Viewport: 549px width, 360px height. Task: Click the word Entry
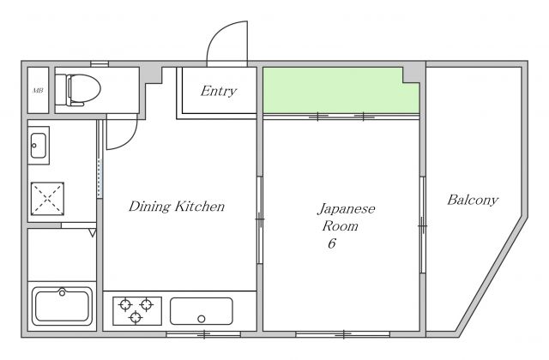pyautogui.click(x=219, y=91)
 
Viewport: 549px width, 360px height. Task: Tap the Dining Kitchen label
pyautogui.click(x=177, y=206)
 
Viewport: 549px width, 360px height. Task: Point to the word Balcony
pyautogui.click(x=473, y=200)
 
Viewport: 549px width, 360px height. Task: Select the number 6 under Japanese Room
pyautogui.click(x=332, y=243)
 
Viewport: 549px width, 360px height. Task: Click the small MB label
pyautogui.click(x=38, y=90)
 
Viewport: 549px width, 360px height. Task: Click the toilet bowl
pyautogui.click(x=84, y=89)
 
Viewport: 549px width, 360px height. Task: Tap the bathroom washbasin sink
pyautogui.click(x=39, y=145)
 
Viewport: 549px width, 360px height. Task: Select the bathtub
pyautogui.click(x=62, y=306)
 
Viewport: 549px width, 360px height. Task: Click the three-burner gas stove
pyautogui.click(x=137, y=310)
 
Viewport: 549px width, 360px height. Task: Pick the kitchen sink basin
pyautogui.click(x=202, y=311)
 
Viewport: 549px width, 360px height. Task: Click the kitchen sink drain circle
pyautogui.click(x=202, y=319)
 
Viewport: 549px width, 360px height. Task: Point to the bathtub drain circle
pyautogui.click(x=62, y=292)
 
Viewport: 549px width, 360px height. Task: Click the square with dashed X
pyautogui.click(x=47, y=198)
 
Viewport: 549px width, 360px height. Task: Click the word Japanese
pyautogui.click(x=347, y=209)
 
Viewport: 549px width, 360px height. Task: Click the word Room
pyautogui.click(x=340, y=226)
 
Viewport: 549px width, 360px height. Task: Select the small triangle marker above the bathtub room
pyautogui.click(x=92, y=232)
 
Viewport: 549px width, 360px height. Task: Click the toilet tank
pyautogui.click(x=61, y=89)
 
